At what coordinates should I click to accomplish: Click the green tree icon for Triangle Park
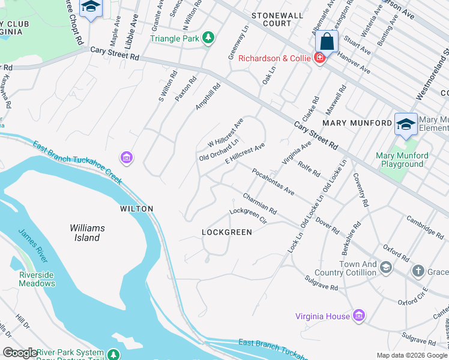[208, 38]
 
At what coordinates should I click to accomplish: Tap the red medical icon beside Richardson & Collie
[320, 58]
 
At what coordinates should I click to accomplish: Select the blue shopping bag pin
[327, 42]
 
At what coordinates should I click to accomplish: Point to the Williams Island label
[87, 233]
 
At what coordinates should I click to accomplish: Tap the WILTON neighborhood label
[136, 209]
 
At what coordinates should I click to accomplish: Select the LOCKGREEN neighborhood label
[227, 232]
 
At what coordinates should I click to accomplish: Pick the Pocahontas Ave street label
[273, 182]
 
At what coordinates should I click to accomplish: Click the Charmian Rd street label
[259, 204]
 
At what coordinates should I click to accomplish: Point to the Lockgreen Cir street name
[247, 215]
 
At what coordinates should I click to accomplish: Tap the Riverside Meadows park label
[37, 279]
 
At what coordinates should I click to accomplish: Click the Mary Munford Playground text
[402, 160]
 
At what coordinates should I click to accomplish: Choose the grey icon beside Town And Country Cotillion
[386, 267]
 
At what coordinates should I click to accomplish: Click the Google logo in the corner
[20, 353]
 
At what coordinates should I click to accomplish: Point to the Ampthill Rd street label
[208, 97]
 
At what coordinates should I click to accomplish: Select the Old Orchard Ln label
[219, 149]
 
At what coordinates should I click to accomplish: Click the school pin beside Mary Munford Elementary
[406, 124]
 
